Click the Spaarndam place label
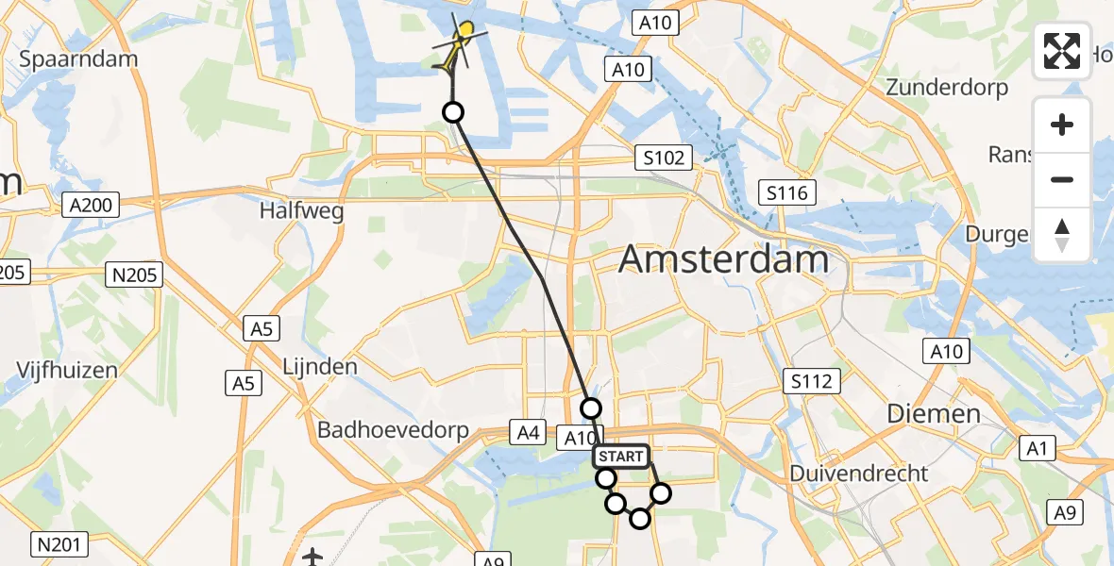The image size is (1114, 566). click(78, 58)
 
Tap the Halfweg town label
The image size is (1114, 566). click(302, 211)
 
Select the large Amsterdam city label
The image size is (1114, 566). click(724, 258)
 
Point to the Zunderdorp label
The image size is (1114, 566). click(947, 88)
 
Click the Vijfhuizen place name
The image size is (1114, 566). click(67, 370)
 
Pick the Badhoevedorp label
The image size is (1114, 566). click(393, 430)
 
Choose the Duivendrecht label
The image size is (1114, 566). click(859, 473)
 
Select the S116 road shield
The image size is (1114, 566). click(787, 194)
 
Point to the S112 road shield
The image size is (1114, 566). click(812, 381)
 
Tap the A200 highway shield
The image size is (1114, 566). click(91, 204)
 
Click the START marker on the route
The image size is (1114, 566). click(621, 457)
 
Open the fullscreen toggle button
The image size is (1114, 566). click(1062, 51)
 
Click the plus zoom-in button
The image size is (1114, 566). click(1062, 125)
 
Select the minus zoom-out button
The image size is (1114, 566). click(1062, 179)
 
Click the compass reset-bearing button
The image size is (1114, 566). click(1062, 234)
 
